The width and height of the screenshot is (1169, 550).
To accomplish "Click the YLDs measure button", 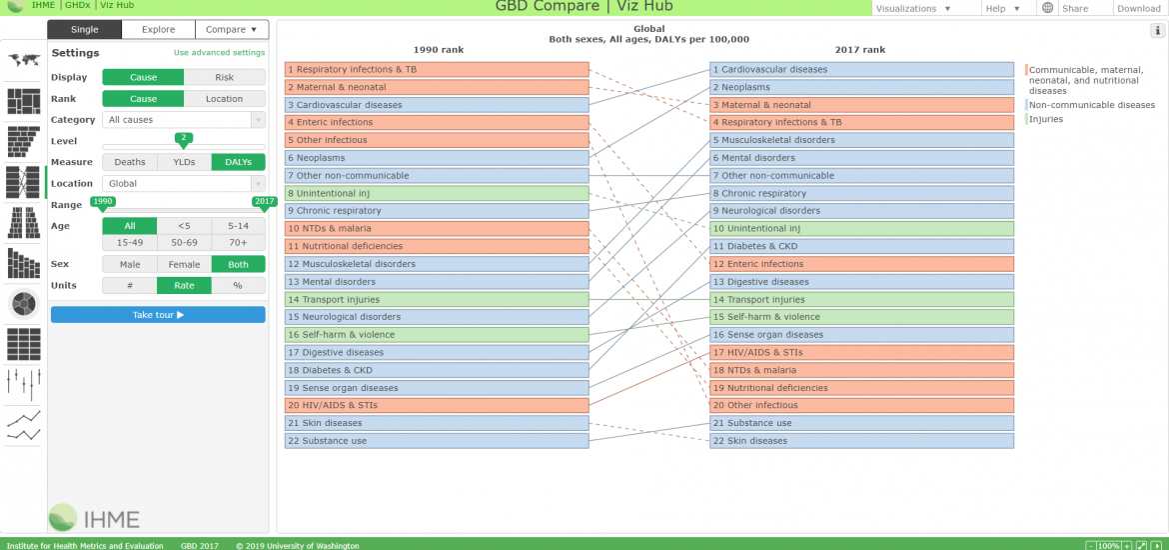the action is point(184,162).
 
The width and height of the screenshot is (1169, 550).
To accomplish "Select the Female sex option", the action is point(184,264).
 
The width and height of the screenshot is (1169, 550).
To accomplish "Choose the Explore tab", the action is point(158,30).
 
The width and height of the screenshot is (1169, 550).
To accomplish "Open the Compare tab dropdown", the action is point(232,30).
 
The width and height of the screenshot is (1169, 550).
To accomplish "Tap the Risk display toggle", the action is point(225,78).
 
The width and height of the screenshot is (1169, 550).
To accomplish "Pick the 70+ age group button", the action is point(238,243).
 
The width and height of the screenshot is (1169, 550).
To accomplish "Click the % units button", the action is point(238,285).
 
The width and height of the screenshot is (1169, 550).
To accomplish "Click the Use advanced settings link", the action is point(219,53).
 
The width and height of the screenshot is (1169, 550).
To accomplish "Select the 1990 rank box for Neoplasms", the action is point(437,158).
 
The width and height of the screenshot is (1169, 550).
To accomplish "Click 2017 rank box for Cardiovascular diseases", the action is point(862,69).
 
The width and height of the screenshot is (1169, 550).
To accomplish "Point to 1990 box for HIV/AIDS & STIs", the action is point(437,405).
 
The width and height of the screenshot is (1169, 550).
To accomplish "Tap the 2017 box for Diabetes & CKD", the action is point(862,246).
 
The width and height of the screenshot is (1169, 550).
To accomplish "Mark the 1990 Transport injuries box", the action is point(437,299).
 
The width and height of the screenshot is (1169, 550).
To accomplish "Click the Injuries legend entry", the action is point(1045,119).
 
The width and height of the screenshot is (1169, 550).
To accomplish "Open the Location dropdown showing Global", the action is point(184,184).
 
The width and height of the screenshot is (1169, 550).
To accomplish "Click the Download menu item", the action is point(1138,8).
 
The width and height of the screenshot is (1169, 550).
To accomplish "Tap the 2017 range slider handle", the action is point(265,202).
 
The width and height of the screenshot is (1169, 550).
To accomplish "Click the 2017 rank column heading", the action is point(861,50).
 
